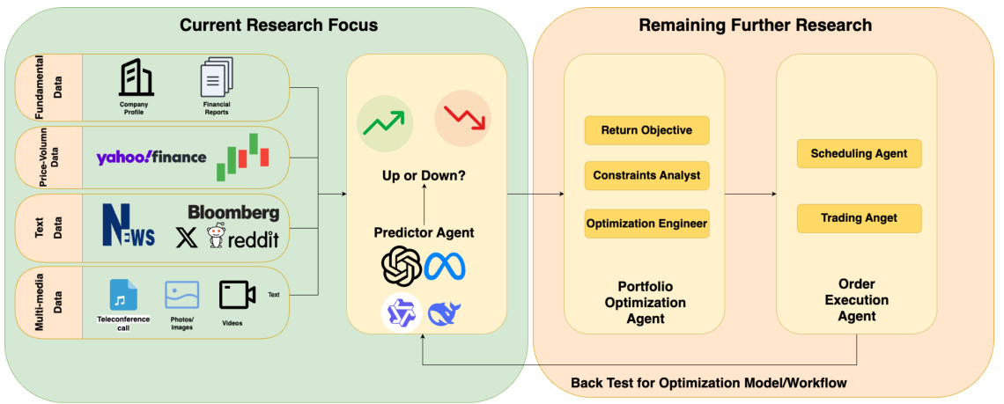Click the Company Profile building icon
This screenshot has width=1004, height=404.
tap(136, 78)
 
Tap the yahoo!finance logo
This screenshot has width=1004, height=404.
tap(151, 158)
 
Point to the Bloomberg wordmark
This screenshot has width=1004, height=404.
tap(233, 213)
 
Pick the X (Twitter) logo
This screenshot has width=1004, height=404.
tap(188, 238)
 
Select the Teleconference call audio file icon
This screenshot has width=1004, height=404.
tap(123, 295)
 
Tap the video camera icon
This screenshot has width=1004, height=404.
tap(237, 295)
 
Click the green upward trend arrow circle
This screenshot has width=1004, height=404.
tap(384, 122)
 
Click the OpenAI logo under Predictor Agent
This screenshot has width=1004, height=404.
tap(402, 267)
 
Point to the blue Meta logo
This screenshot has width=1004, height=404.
tap(445, 267)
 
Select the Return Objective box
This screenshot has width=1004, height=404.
tap(646, 130)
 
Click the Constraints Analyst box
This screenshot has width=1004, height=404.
tap(646, 175)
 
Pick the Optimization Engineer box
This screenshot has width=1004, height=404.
tap(646, 224)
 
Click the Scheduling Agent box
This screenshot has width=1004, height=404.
tap(859, 154)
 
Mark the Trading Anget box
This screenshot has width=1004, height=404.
tap(859, 218)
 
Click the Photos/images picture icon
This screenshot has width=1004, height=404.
tap(182, 295)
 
